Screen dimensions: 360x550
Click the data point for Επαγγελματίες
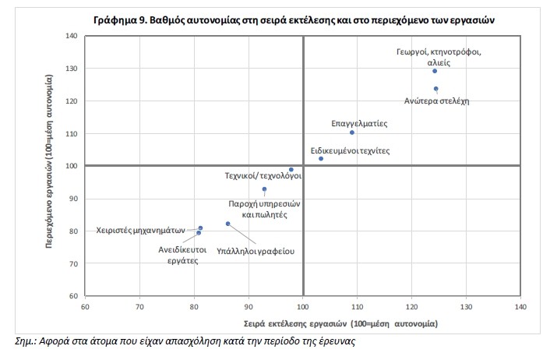(x=352, y=132)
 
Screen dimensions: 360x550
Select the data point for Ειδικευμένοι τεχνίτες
(x=321, y=158)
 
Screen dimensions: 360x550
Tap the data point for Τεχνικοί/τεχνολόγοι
(x=291, y=169)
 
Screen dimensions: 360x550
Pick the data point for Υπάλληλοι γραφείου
(x=227, y=224)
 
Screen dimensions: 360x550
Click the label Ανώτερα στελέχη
(x=436, y=101)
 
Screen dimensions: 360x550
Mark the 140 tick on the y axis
(x=72, y=36)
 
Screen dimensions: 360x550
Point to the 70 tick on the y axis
(x=72, y=263)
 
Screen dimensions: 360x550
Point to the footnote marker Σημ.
(x=26, y=341)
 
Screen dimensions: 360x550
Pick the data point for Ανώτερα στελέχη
(x=435, y=89)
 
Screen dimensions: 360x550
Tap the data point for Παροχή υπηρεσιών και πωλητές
(x=264, y=189)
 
